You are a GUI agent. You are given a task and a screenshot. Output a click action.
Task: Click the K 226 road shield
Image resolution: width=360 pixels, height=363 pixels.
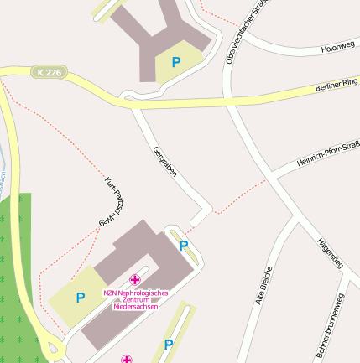tap(49, 73)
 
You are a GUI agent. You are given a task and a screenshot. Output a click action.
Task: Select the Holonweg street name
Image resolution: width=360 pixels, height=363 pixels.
tap(338, 47)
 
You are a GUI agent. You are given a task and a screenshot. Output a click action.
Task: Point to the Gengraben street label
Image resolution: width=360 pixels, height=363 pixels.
tap(164, 163)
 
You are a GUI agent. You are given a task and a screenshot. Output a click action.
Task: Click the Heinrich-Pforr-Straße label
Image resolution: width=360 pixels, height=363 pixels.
tap(327, 153)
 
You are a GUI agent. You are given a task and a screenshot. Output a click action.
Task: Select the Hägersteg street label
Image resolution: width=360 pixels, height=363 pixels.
tap(330, 254)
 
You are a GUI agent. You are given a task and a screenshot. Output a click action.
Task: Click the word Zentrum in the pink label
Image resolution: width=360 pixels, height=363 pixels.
tap(135, 299)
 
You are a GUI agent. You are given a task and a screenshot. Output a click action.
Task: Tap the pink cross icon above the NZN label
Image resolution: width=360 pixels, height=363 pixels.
tap(135, 279)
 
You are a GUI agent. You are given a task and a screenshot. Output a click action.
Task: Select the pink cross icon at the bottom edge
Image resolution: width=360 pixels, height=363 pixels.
tap(126, 359)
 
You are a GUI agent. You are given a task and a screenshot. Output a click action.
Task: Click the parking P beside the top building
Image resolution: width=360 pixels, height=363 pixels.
tap(176, 61)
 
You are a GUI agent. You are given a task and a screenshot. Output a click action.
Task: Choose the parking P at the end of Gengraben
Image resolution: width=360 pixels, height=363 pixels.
tap(184, 246)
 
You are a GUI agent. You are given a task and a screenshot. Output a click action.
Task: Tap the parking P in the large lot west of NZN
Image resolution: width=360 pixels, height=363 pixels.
tap(81, 297)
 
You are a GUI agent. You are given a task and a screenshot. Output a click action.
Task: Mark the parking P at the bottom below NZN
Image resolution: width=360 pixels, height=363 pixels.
tap(169, 344)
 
